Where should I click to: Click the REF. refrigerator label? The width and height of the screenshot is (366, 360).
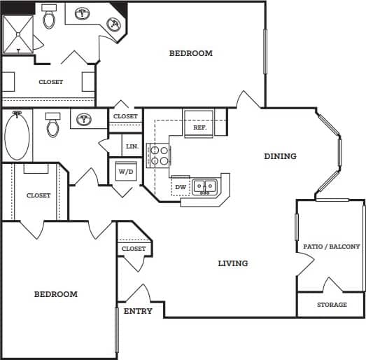199,128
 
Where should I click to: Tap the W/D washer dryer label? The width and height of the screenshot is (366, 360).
126,171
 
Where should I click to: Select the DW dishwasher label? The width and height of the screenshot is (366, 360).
180,187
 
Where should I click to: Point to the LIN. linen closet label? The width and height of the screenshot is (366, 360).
132,146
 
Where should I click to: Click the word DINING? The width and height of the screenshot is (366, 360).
280,156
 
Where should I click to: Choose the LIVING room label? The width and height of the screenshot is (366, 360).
232,263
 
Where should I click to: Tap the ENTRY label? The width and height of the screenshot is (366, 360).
138,311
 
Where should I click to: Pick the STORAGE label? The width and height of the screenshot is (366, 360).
332,305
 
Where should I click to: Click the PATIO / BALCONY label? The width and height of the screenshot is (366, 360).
331,247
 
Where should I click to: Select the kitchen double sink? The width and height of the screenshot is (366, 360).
205,186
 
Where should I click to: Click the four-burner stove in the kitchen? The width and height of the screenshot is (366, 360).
159,155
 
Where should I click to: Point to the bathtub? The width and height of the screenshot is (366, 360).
17,136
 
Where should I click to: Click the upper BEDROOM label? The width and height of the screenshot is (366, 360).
191,53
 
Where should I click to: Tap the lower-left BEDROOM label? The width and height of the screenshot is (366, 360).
56,294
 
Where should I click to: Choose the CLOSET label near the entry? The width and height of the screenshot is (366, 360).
134,249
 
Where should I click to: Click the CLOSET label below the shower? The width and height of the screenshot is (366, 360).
50,82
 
